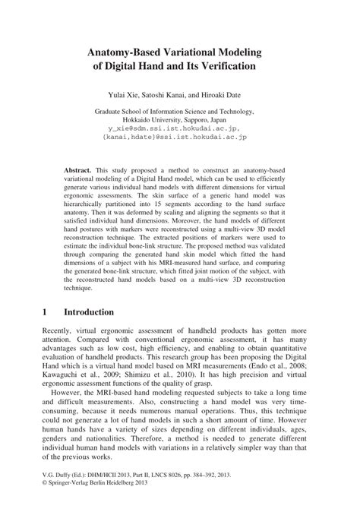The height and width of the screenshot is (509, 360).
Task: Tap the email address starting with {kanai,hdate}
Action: click(x=180, y=138)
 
